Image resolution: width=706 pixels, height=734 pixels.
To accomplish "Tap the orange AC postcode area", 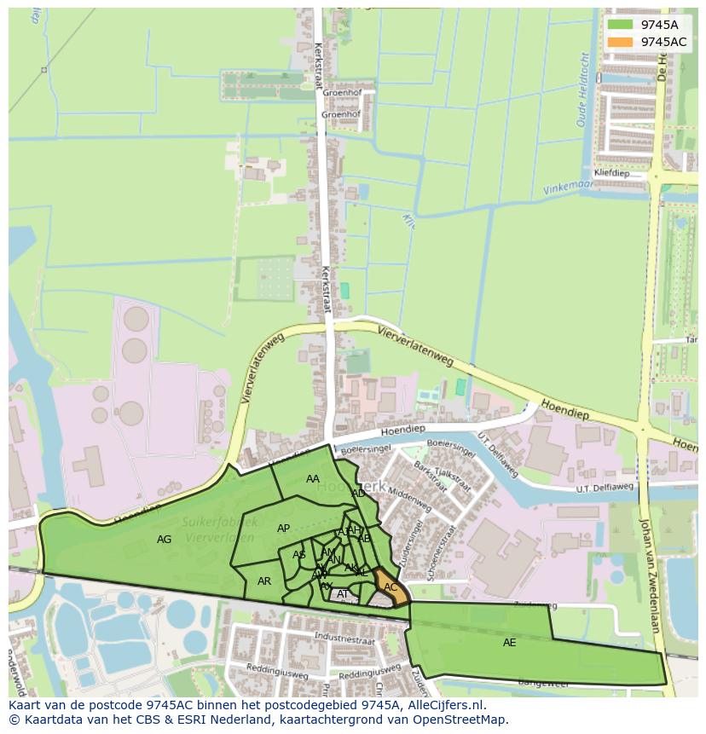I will pyautogui.click(x=390, y=587).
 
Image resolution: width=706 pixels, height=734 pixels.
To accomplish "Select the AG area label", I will pyautogui.click(x=165, y=540).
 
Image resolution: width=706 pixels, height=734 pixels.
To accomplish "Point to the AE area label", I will pyautogui.click(x=509, y=643).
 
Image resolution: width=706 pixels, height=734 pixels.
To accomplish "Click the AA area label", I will pyautogui.click(x=313, y=479).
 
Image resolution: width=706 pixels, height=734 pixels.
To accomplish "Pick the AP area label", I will pyautogui.click(x=284, y=529).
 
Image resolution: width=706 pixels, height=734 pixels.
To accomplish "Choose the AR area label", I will pyautogui.click(x=264, y=581).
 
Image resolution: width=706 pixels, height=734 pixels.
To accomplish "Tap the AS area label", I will pyautogui.click(x=299, y=555).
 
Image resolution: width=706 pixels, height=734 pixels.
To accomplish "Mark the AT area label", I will pyautogui.click(x=343, y=594).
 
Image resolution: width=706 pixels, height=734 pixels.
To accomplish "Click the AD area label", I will pyautogui.click(x=359, y=494).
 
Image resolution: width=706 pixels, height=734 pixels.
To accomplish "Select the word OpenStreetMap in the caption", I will pyautogui.click(x=464, y=720).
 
